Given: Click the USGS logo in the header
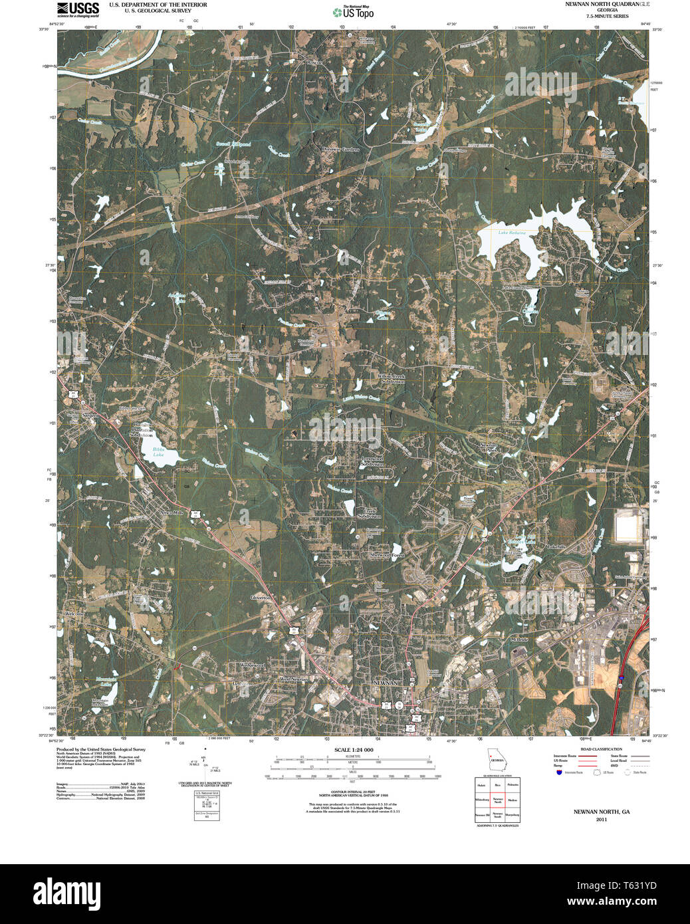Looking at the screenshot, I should pos(78,9).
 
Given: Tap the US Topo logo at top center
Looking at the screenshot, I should pos(354,12).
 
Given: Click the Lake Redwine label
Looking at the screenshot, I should pos(512,233).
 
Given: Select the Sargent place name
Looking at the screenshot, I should pos(90,415).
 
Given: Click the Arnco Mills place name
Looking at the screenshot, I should pos(170,513).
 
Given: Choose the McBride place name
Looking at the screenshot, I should pos(519,639).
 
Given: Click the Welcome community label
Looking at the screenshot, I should pos(74,614).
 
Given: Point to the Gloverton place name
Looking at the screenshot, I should pos(260,598).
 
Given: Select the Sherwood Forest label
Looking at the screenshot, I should pos(387,555).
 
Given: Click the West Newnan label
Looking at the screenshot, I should pos(293,679).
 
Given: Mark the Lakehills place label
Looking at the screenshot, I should pos(555,546).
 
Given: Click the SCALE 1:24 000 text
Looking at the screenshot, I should pos(354,750).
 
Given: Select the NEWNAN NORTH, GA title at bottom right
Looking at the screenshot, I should pos(601,812).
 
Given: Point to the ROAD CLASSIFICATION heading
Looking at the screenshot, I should pos(601,749).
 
